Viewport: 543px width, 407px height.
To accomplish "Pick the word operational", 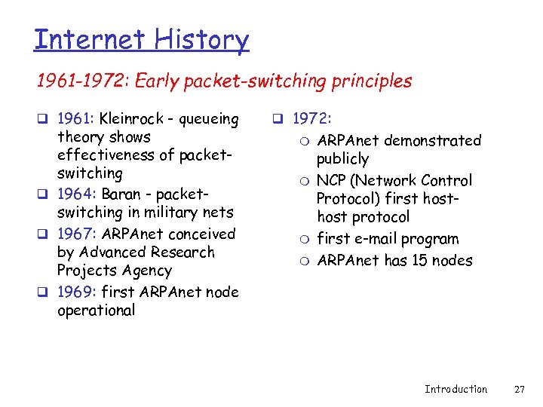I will point(96,311).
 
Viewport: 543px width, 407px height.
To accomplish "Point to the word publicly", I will point(342,159).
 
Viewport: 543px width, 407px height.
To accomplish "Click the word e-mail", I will point(379,239).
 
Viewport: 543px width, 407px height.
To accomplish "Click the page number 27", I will point(519,389).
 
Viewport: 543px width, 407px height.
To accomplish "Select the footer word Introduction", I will point(456,389).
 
